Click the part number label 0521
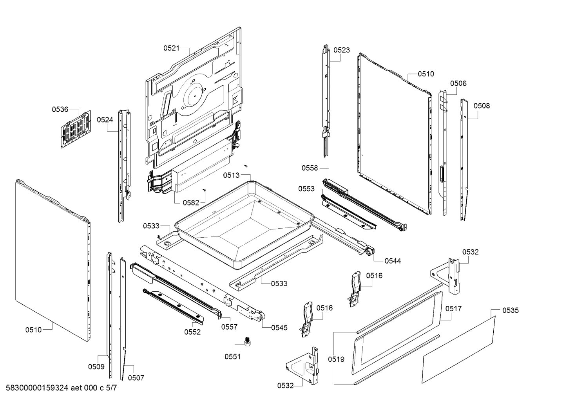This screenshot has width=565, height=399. tap(171, 48)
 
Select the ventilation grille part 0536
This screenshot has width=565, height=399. tap(76, 129)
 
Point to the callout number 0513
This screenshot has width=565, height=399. tap(231, 175)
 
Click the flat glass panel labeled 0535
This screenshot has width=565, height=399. tap(458, 350)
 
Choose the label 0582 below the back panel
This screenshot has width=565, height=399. tap(191, 202)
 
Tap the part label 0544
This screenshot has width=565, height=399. tap(393, 261)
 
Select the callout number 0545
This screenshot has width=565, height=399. tap(279, 328)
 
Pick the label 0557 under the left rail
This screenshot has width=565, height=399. tap(229, 327)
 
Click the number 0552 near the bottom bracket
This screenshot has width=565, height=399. tap(192, 332)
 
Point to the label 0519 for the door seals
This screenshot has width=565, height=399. tap(337, 359)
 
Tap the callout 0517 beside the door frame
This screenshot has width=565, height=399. tap(453, 309)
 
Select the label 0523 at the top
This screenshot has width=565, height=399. tap(342, 50)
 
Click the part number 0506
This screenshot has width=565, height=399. tap(458, 83)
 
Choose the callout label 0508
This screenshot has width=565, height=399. tap(482, 106)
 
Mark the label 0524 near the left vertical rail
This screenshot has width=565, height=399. tap(105, 120)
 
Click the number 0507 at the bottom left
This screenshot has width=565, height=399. tap(136, 378)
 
